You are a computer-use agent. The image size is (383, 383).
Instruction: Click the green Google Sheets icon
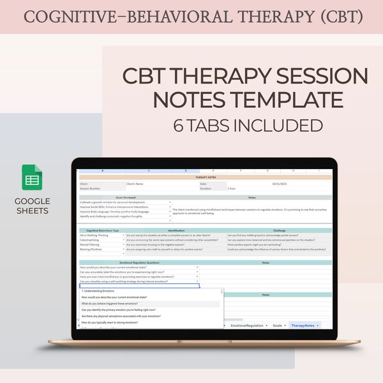coord(32,177)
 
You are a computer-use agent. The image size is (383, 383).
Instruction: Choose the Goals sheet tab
coord(277,326)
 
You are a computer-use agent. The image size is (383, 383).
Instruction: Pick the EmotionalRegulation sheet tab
coord(248,326)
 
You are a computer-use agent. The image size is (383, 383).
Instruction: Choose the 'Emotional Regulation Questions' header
coord(139,262)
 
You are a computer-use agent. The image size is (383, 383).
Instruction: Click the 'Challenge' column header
coord(279,230)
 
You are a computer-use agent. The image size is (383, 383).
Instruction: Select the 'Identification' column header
coord(176,230)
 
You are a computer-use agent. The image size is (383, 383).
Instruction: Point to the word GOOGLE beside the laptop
coord(32,201)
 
